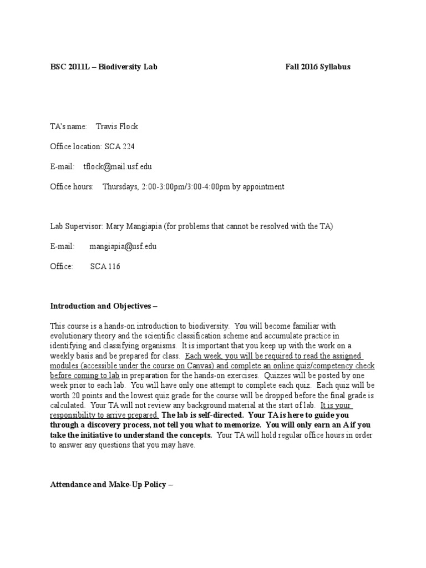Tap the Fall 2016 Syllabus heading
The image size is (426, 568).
318,67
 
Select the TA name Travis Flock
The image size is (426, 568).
116,126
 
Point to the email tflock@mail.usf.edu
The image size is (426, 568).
117,166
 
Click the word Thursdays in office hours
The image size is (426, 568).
120,186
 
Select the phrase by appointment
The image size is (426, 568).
257,186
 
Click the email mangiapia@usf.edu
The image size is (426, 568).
123,246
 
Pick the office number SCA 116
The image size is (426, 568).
105,266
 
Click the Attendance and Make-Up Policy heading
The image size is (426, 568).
111,484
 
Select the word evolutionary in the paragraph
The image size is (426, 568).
70,336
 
